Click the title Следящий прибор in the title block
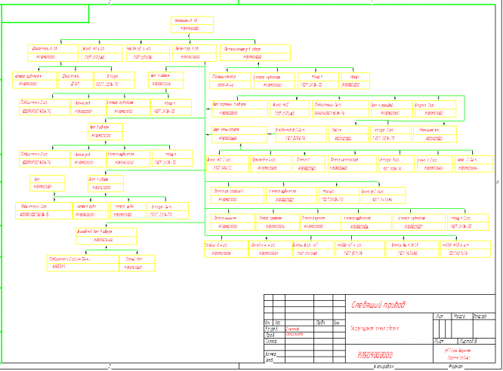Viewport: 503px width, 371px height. pyautogui.click(x=378, y=305)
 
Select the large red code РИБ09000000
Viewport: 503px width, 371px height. pyautogui.click(x=375, y=353)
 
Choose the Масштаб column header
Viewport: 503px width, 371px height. pyautogui.click(x=477, y=317)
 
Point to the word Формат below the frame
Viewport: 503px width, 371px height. pyautogui.click(x=455, y=367)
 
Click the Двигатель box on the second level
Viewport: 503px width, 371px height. pyautogui.click(x=46, y=53)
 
